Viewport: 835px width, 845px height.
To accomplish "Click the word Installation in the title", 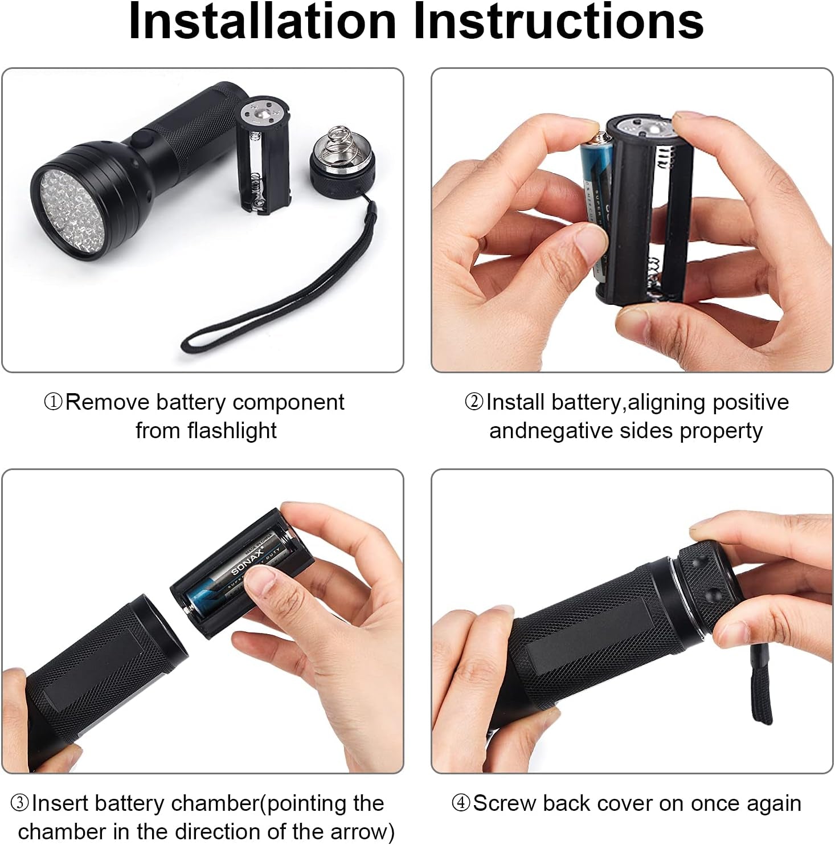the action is pyautogui.click(x=262, y=22).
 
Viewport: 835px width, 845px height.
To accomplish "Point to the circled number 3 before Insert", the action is pyautogui.click(x=21, y=803).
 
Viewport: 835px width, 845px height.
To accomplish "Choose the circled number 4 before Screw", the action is pyautogui.click(x=461, y=803).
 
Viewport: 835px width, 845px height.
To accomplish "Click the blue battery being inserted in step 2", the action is pyautogui.click(x=596, y=214).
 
